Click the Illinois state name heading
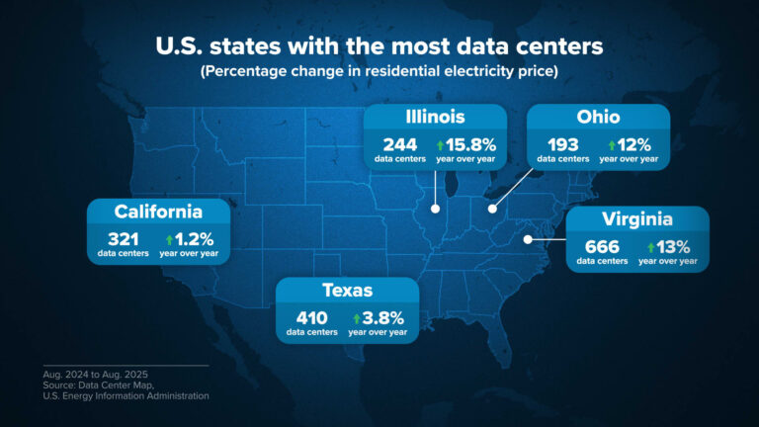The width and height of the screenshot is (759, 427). click(x=435, y=119)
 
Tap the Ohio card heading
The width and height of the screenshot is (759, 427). click(x=598, y=119)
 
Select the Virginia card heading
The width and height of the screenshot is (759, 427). click(x=637, y=219)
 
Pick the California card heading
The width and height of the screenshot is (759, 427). click(x=158, y=212)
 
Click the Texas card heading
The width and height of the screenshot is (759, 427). click(x=347, y=290)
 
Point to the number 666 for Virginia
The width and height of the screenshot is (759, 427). click(x=602, y=246)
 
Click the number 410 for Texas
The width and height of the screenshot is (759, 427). click(x=311, y=317)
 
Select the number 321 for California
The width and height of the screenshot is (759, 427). click(x=123, y=238)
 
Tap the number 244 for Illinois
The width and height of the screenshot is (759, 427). click(x=399, y=143)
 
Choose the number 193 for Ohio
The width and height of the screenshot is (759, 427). click(x=561, y=143)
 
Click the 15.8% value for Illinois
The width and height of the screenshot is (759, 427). click(x=471, y=143)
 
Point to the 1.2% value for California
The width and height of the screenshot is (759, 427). click(x=195, y=238)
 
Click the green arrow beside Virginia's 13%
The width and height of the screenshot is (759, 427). click(x=650, y=247)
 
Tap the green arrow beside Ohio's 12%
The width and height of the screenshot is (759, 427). click(x=612, y=144)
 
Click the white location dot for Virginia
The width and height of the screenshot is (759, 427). click(x=528, y=238)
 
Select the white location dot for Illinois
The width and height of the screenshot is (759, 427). click(x=435, y=209)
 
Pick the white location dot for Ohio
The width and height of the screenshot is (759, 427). click(x=492, y=209)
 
